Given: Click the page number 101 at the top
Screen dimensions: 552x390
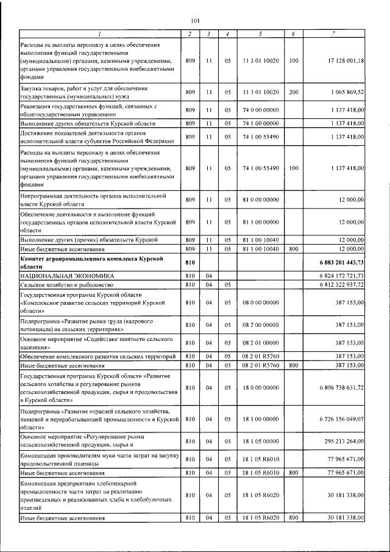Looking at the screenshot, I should [x=195, y=20].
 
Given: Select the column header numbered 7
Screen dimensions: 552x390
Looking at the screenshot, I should [x=333, y=32].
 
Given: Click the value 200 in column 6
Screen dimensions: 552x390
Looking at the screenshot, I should [x=294, y=92].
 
